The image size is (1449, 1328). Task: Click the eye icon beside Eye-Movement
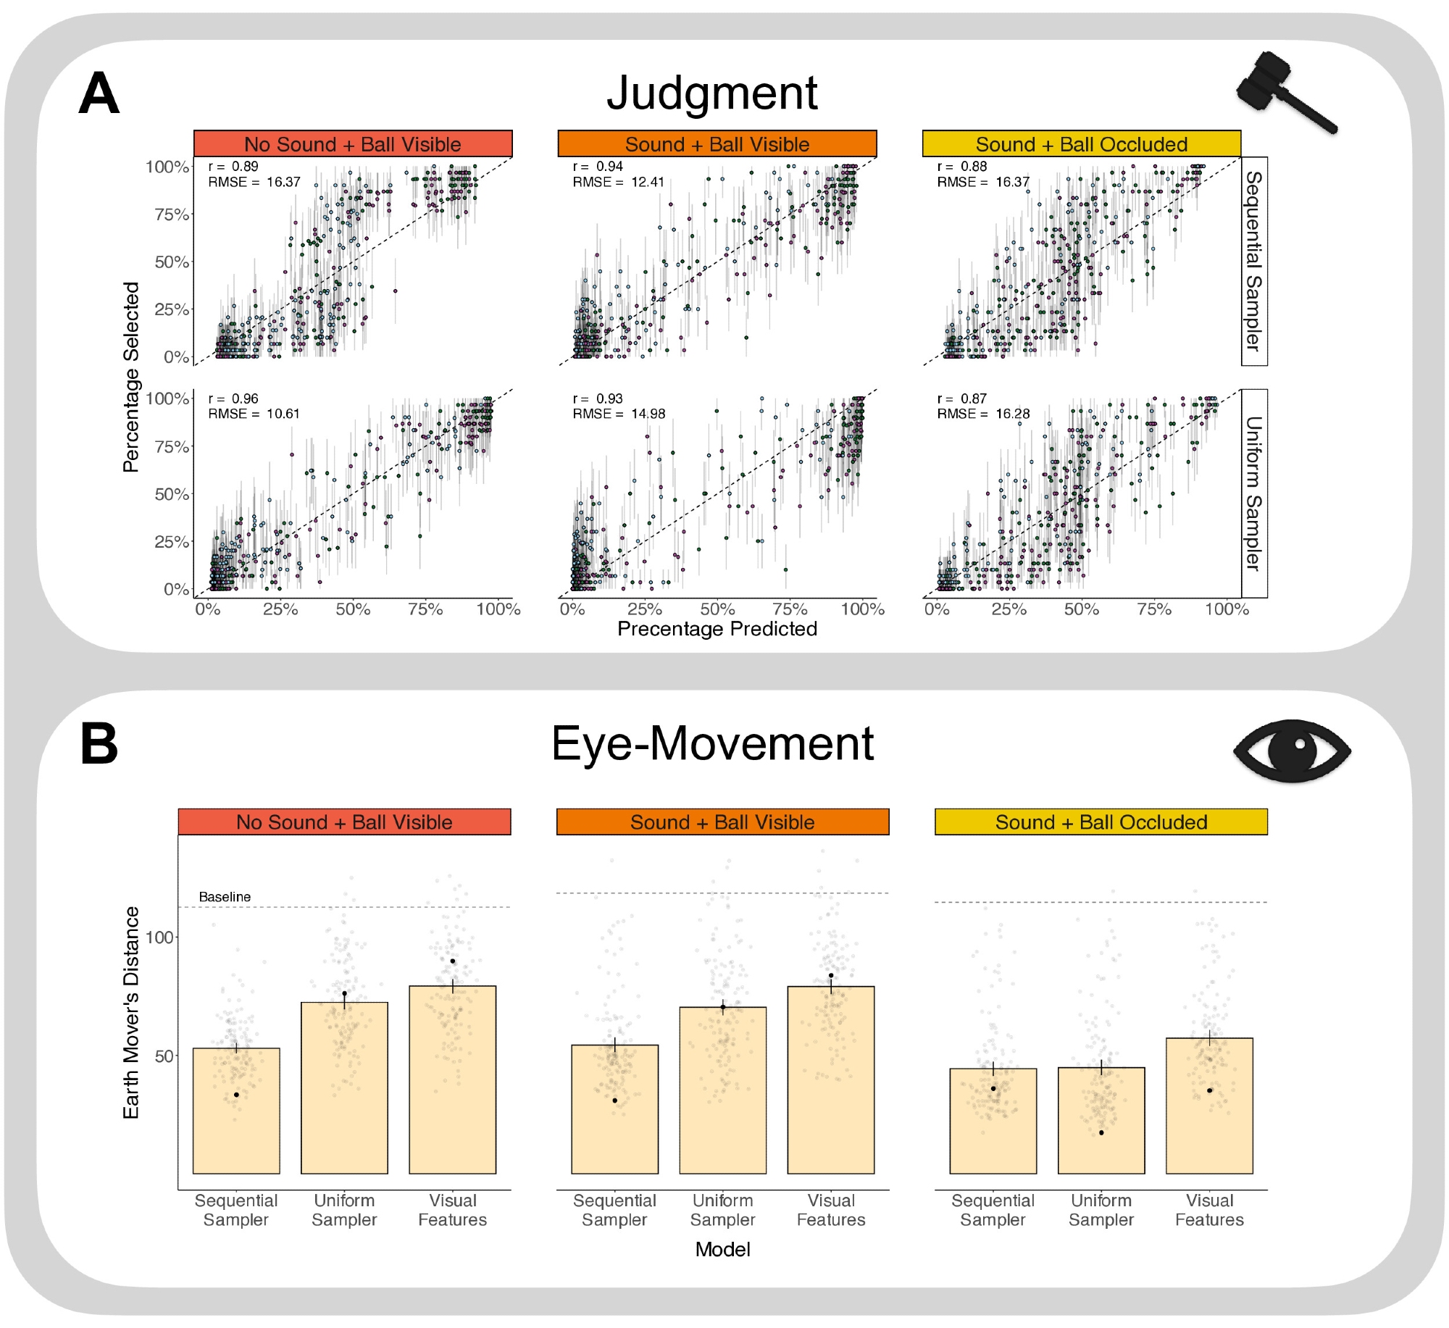[x=1292, y=751]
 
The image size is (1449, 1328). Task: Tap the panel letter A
[x=99, y=94]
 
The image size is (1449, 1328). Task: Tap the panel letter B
[x=99, y=744]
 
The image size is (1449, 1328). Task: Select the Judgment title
[x=711, y=93]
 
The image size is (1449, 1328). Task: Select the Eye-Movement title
[x=712, y=743]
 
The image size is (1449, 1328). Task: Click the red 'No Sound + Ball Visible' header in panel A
[x=353, y=144]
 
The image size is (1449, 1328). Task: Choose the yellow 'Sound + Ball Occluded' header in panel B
[x=1101, y=822]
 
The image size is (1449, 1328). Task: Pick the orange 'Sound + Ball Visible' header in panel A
[x=717, y=144]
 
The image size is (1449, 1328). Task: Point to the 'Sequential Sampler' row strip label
[x=1253, y=261]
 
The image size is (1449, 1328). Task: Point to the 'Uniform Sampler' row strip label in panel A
[x=1253, y=493]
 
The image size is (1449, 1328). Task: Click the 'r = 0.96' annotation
[x=233, y=398]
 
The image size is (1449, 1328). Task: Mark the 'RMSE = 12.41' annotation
[x=618, y=182]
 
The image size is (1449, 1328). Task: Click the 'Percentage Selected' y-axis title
[x=131, y=377]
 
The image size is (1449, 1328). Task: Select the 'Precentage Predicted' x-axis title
[x=717, y=629]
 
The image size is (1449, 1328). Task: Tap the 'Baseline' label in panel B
[x=225, y=897]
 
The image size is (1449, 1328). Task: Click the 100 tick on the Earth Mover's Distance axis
[x=159, y=937]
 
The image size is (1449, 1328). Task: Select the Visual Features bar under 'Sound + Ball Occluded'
[x=1209, y=1106]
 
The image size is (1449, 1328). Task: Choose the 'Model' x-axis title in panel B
[x=722, y=1250]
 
